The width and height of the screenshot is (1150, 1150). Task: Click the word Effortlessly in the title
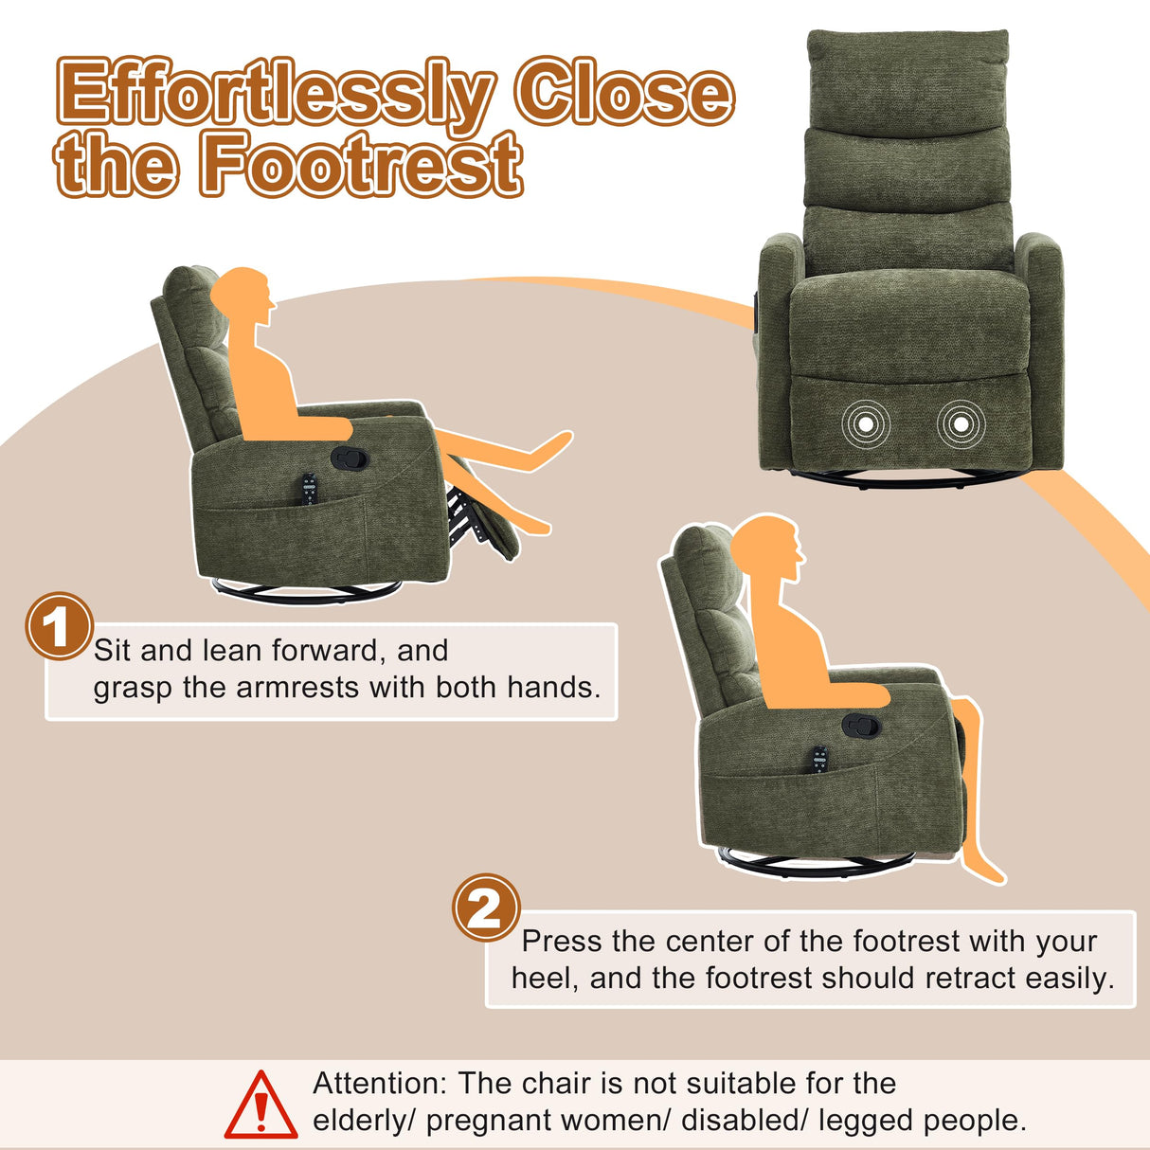pyautogui.click(x=275, y=95)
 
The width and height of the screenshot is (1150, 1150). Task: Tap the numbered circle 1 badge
pyautogui.click(x=58, y=626)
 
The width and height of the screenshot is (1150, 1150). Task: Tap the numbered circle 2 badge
pyautogui.click(x=486, y=907)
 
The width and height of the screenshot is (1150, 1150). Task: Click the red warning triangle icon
pyautogui.click(x=261, y=1105)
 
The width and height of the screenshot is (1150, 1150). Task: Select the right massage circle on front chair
pyautogui.click(x=961, y=424)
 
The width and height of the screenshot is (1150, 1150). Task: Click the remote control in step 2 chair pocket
pyautogui.click(x=818, y=760)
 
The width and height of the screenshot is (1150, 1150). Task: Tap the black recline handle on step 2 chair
pyautogui.click(x=860, y=726)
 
